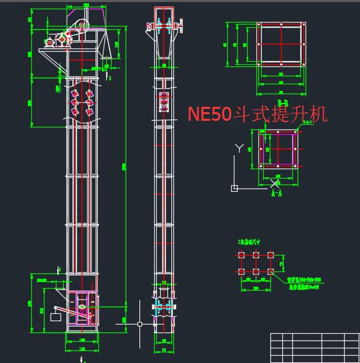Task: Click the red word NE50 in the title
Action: pos(209,114)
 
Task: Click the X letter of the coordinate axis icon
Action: pos(276,182)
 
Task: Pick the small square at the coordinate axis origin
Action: pos(234,188)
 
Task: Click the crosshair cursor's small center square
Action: pos(139,324)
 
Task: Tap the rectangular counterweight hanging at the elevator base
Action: pos(55,317)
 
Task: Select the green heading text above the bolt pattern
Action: pos(248,243)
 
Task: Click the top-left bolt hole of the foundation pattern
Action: pos(240,255)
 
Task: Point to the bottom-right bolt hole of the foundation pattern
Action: pos(270,271)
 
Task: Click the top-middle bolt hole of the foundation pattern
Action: pos(255,255)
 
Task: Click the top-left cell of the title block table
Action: pos(277,337)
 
